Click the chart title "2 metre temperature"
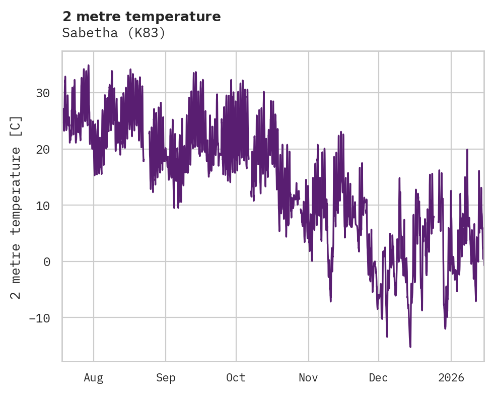(x=142, y=17)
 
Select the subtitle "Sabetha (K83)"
(x=114, y=33)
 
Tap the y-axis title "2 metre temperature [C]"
(x=16, y=207)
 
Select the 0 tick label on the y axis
(x=46, y=261)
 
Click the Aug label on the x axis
(x=94, y=377)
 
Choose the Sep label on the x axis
(x=166, y=377)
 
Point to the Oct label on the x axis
(x=236, y=377)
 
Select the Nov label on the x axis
(x=308, y=377)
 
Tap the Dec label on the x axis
(x=378, y=377)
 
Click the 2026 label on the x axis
(x=451, y=377)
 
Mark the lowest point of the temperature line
(x=410, y=347)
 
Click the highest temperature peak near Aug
(x=88, y=65)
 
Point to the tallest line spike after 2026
(x=467, y=150)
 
